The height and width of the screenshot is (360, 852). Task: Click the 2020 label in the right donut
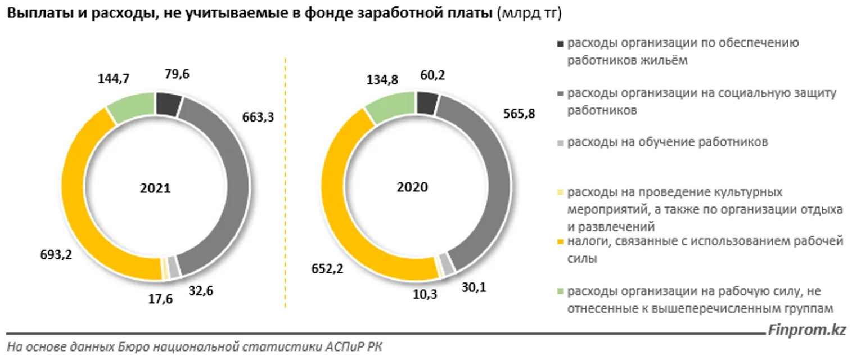(412, 187)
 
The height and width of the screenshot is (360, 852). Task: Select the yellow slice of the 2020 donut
(337, 202)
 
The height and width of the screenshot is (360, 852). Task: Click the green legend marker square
(559, 291)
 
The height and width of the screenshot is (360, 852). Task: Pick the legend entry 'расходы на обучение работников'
(668, 143)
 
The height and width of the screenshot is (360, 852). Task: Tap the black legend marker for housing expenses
(559, 43)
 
